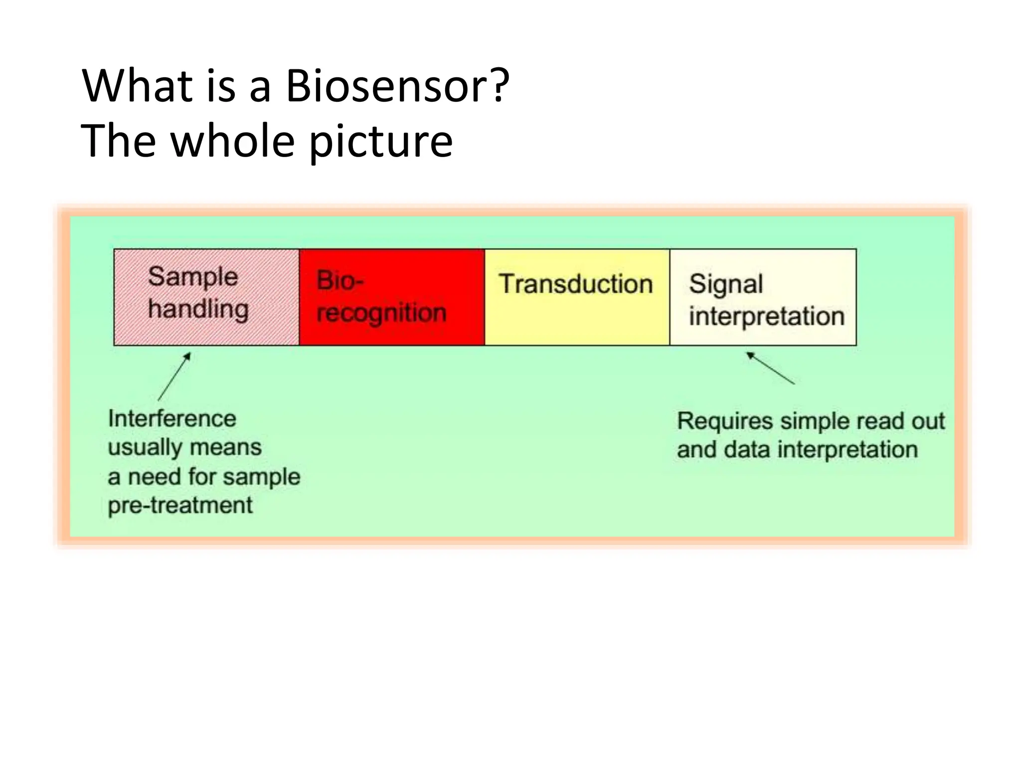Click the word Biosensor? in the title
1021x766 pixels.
pos(397,86)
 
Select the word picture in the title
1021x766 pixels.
pos(381,142)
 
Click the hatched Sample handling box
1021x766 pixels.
pos(206,297)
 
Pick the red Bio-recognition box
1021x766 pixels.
pos(392,297)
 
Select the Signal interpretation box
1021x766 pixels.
pos(763,297)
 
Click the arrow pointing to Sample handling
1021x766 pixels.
pos(174,376)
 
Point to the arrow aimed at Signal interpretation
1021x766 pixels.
pos(770,368)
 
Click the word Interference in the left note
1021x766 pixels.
pos(172,418)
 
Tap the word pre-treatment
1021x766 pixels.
pos(180,505)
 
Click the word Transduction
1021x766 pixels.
pos(576,284)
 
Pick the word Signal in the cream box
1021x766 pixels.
pos(726,285)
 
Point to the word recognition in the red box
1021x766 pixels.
pos(381,314)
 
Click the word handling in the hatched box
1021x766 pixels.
pos(198,309)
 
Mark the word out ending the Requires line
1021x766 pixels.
pos(928,421)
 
